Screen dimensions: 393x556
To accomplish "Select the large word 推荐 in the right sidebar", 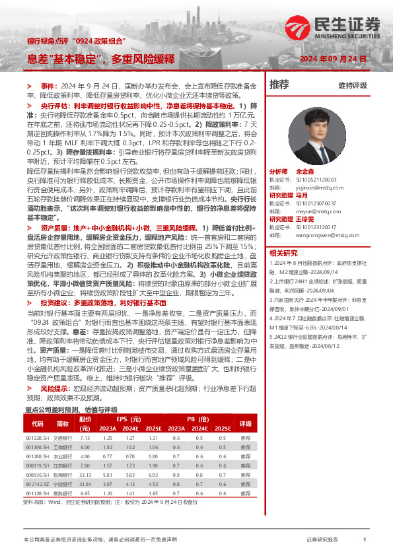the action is (x=279, y=85).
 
